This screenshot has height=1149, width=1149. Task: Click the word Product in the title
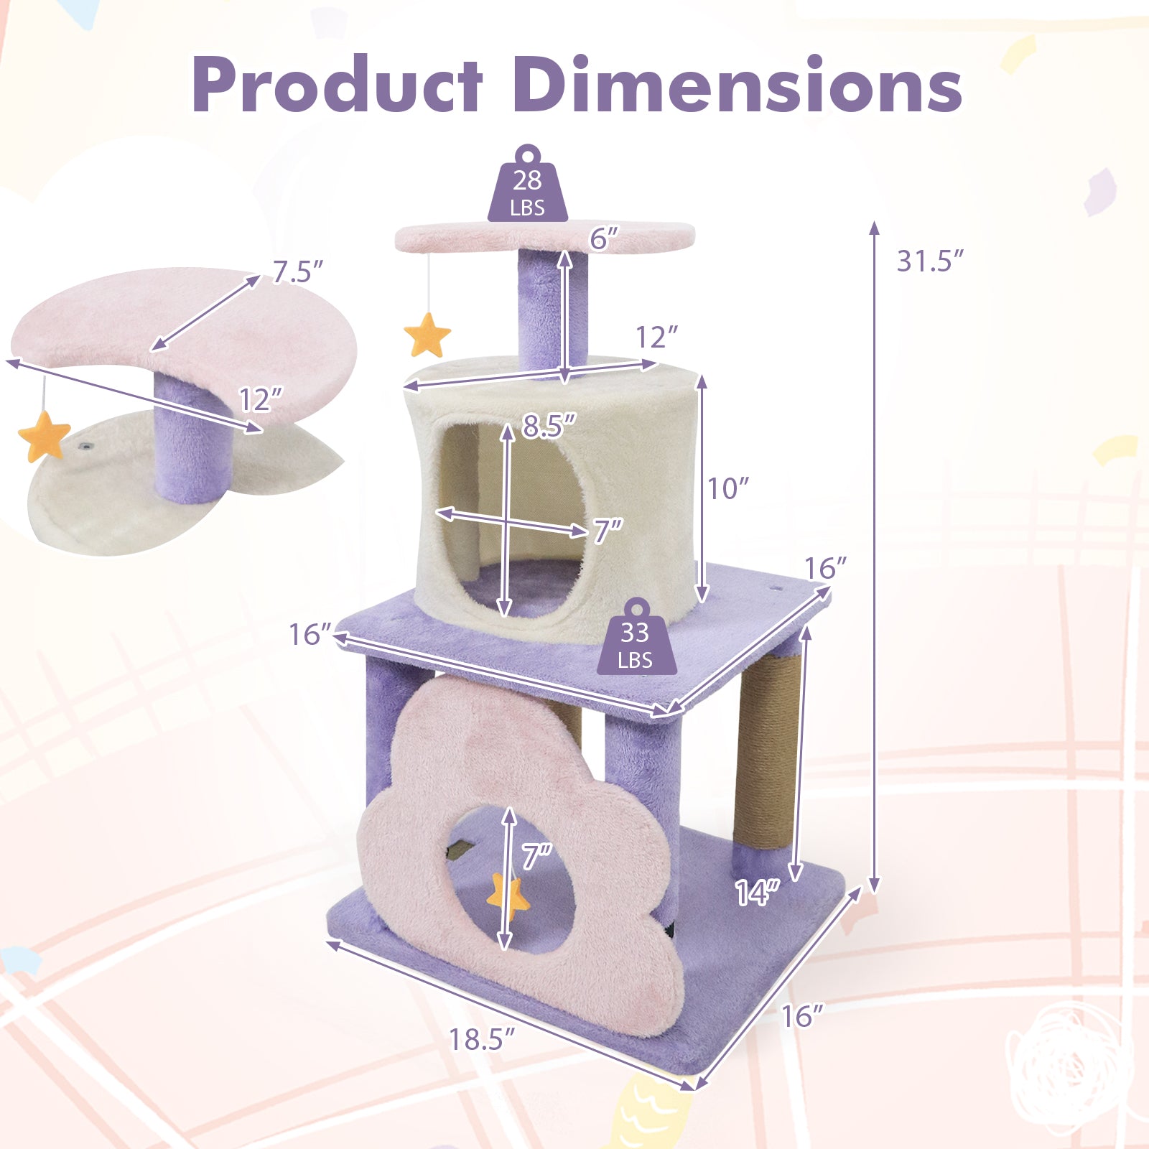pyautogui.click(x=338, y=86)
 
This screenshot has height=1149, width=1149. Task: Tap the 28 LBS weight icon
pyautogui.click(x=528, y=188)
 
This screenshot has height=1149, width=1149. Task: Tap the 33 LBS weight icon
pyautogui.click(x=636, y=641)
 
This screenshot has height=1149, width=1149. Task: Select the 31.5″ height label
pyautogui.click(x=929, y=261)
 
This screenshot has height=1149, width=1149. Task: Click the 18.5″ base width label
pyautogui.click(x=482, y=1039)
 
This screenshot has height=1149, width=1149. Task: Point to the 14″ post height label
pyautogui.click(x=756, y=893)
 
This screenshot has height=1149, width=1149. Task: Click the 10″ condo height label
pyautogui.click(x=728, y=489)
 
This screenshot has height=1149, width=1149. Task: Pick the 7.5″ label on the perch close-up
pyautogui.click(x=297, y=272)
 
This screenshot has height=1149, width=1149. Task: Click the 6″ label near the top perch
pyautogui.click(x=604, y=238)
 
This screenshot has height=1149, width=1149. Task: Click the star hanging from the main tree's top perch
pyautogui.click(x=427, y=335)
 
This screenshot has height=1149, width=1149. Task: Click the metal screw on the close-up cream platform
pyautogui.click(x=85, y=447)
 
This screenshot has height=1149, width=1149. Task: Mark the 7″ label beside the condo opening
pyautogui.click(x=608, y=531)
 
